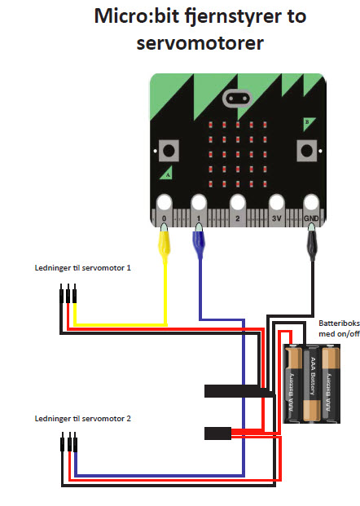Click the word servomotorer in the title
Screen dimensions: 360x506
click(x=200, y=43)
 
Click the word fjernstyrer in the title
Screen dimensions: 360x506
click(x=233, y=17)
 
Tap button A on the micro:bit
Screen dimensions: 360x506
click(x=169, y=151)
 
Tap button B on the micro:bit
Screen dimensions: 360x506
click(x=306, y=151)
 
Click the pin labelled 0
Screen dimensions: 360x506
click(x=165, y=209)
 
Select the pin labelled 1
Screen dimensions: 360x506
click(x=199, y=209)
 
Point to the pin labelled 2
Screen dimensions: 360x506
click(x=238, y=209)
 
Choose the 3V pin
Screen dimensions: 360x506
click(x=277, y=209)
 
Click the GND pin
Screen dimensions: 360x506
click(x=311, y=209)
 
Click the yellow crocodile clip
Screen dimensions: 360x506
click(x=165, y=244)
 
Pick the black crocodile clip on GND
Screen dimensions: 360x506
click(x=312, y=243)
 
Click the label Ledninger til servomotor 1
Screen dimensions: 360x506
click(x=83, y=268)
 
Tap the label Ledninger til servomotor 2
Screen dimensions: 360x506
click(x=83, y=419)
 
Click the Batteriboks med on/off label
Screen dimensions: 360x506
click(x=339, y=328)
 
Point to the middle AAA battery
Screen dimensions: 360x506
click(x=312, y=384)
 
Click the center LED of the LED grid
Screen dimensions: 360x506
click(x=238, y=154)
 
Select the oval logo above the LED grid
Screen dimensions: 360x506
click(x=237, y=98)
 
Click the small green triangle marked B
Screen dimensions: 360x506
click(x=308, y=124)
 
